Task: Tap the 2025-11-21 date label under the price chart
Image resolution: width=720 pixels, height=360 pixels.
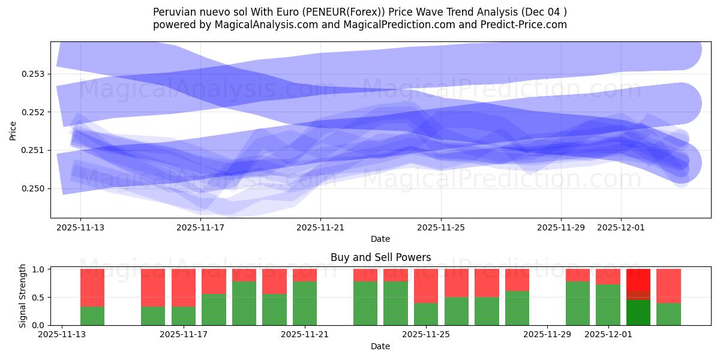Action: [x=320, y=227]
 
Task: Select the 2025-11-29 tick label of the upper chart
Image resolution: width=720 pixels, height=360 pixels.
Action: [x=561, y=227]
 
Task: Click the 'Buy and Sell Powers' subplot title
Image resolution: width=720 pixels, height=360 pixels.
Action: [x=380, y=257]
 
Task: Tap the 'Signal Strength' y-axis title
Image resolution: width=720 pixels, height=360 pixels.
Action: [x=23, y=296]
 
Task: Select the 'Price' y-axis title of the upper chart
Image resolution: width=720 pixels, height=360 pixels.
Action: [x=13, y=130]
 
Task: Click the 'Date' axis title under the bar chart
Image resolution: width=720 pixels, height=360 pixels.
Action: [x=380, y=346]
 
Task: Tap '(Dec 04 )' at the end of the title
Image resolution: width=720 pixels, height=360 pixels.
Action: [x=544, y=12]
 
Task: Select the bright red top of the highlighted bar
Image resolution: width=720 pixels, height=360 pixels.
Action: [x=638, y=280]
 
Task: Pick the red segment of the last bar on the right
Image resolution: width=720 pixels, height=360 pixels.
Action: [x=668, y=286]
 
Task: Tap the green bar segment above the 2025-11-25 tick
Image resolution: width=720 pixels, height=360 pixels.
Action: [x=426, y=314]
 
